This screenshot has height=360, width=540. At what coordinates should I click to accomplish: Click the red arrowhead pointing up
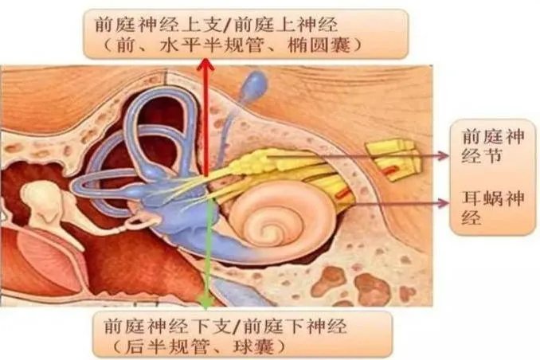[205, 65]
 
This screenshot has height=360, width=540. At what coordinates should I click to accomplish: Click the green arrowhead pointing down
[206, 301]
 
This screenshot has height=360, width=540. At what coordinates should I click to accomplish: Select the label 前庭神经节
[493, 146]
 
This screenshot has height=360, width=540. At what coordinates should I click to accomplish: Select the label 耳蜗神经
[493, 208]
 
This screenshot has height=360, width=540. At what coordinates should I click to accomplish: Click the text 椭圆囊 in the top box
[319, 45]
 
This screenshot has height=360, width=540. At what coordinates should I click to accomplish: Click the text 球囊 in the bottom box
[254, 346]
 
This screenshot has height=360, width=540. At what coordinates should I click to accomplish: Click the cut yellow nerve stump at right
[393, 159]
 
